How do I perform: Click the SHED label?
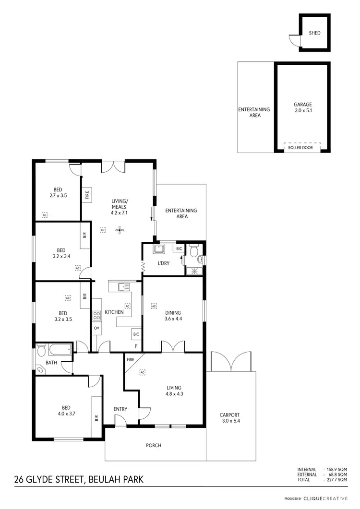(x=314, y=33)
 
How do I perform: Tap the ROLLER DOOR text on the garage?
(x=300, y=148)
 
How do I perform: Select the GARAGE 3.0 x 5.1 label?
(x=303, y=107)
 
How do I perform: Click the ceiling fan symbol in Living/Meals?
(x=119, y=230)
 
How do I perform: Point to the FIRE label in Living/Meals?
(x=87, y=195)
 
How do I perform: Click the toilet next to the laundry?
(x=194, y=251)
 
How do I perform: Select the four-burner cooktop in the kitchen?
(x=96, y=315)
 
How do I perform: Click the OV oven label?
(x=96, y=328)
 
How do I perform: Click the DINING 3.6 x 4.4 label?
(x=173, y=315)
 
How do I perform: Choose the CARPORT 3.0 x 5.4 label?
(x=229, y=418)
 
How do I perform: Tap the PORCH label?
(x=154, y=446)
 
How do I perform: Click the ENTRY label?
(x=120, y=409)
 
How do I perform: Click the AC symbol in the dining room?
(x=154, y=305)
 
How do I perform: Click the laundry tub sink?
(x=159, y=249)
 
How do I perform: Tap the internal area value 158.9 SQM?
(x=336, y=469)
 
